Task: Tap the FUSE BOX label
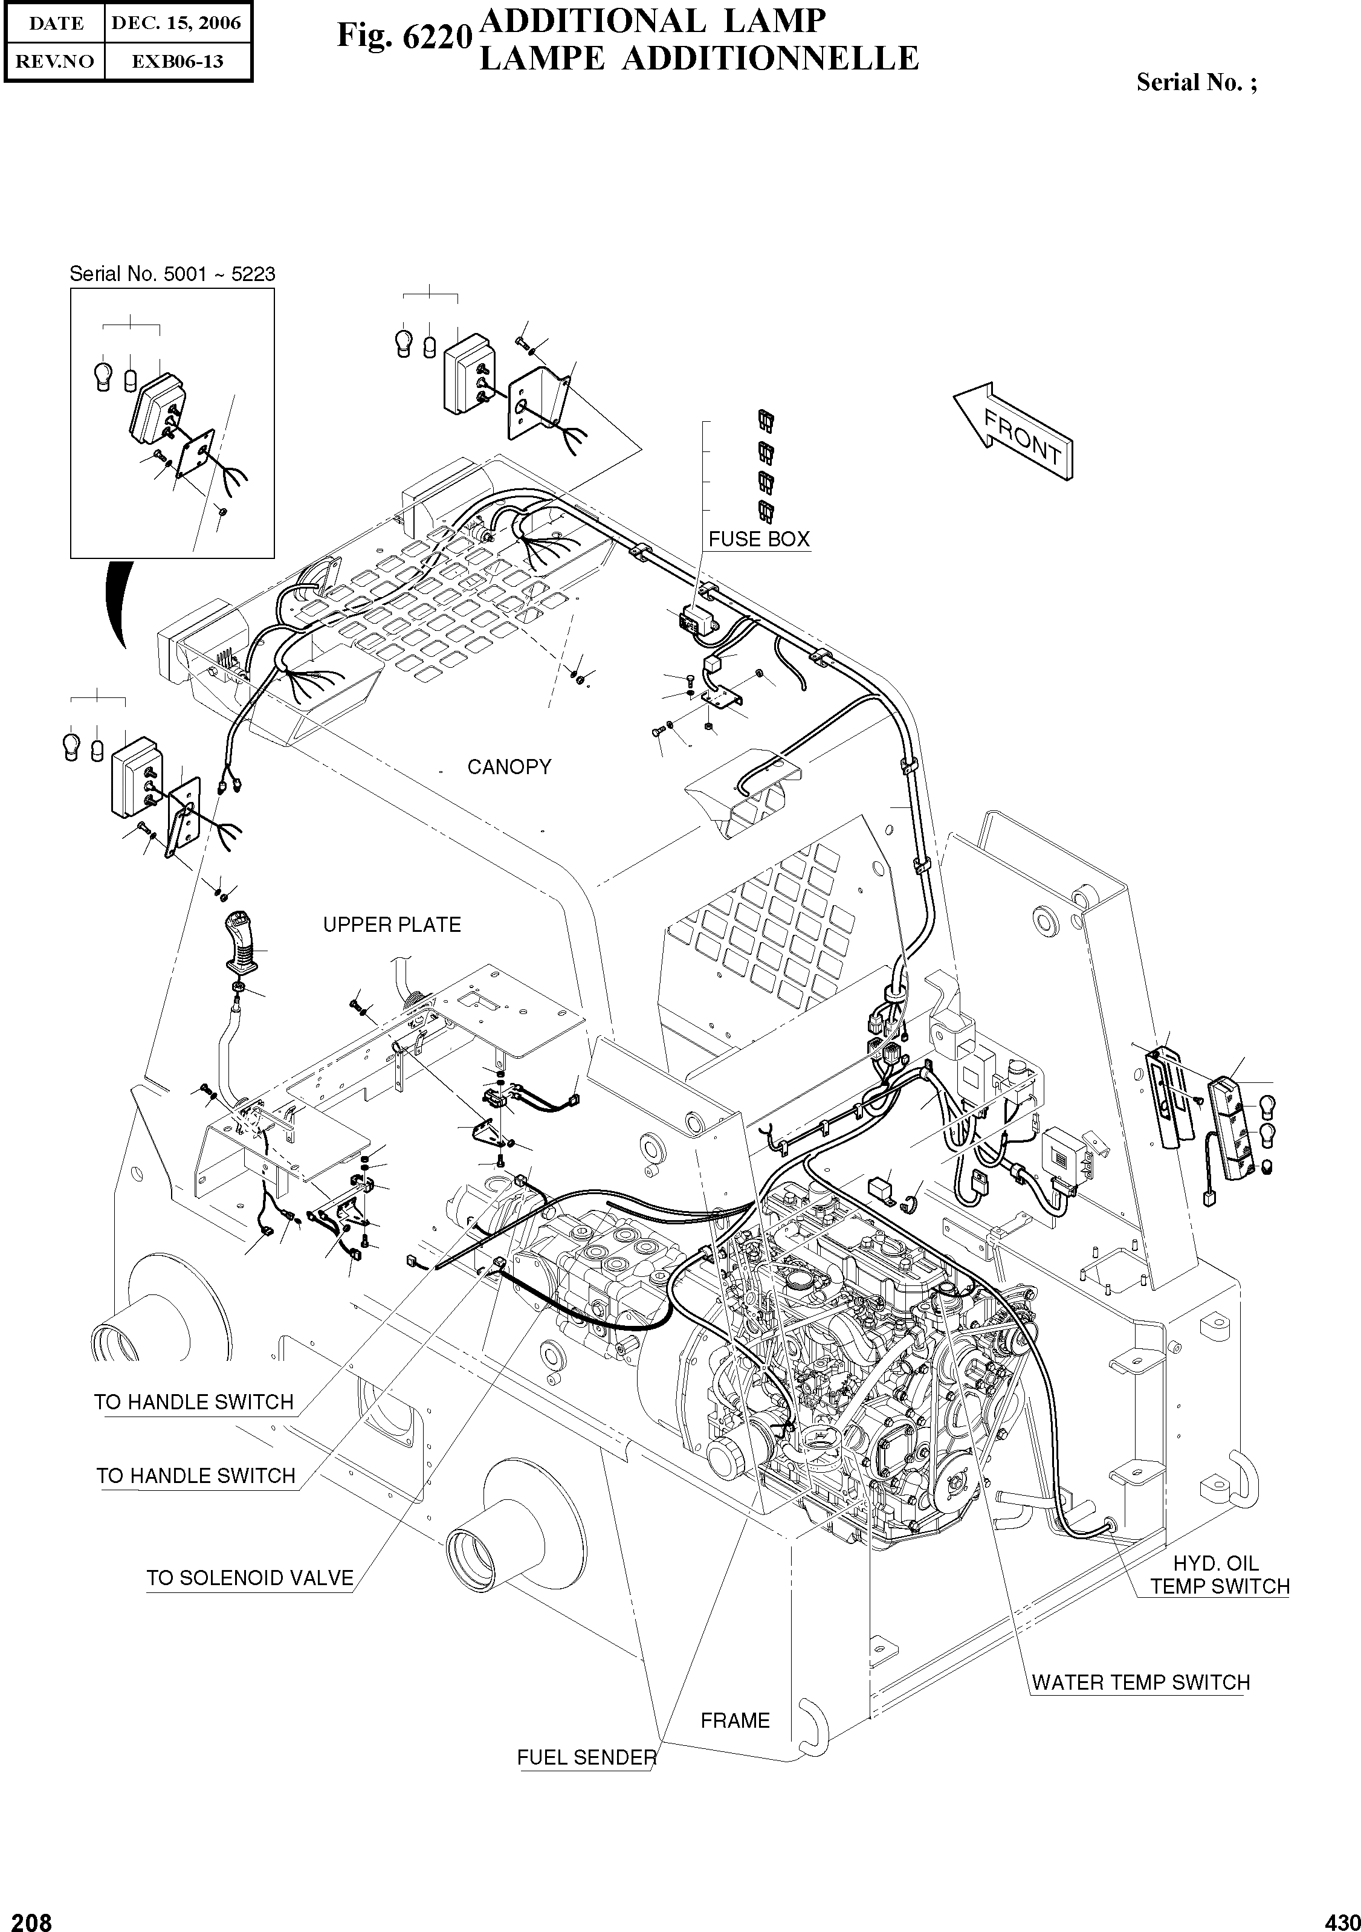[x=758, y=540]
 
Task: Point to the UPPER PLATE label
[x=392, y=925]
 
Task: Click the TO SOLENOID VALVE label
[x=250, y=1578]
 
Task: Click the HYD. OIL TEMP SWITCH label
[x=1219, y=1575]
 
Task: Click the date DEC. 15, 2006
[x=176, y=24]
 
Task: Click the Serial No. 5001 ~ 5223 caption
[x=172, y=274]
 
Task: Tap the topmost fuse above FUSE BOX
[x=766, y=421]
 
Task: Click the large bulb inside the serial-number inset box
[x=103, y=375]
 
